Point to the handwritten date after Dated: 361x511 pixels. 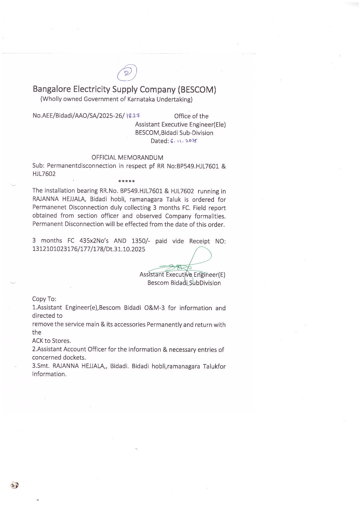184,141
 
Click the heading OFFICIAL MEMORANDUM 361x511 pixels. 127,157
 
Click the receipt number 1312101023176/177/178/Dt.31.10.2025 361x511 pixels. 89,249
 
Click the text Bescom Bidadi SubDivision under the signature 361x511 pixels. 184,283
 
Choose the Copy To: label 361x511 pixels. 44,299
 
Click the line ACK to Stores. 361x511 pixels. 52,341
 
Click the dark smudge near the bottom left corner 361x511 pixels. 14,485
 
